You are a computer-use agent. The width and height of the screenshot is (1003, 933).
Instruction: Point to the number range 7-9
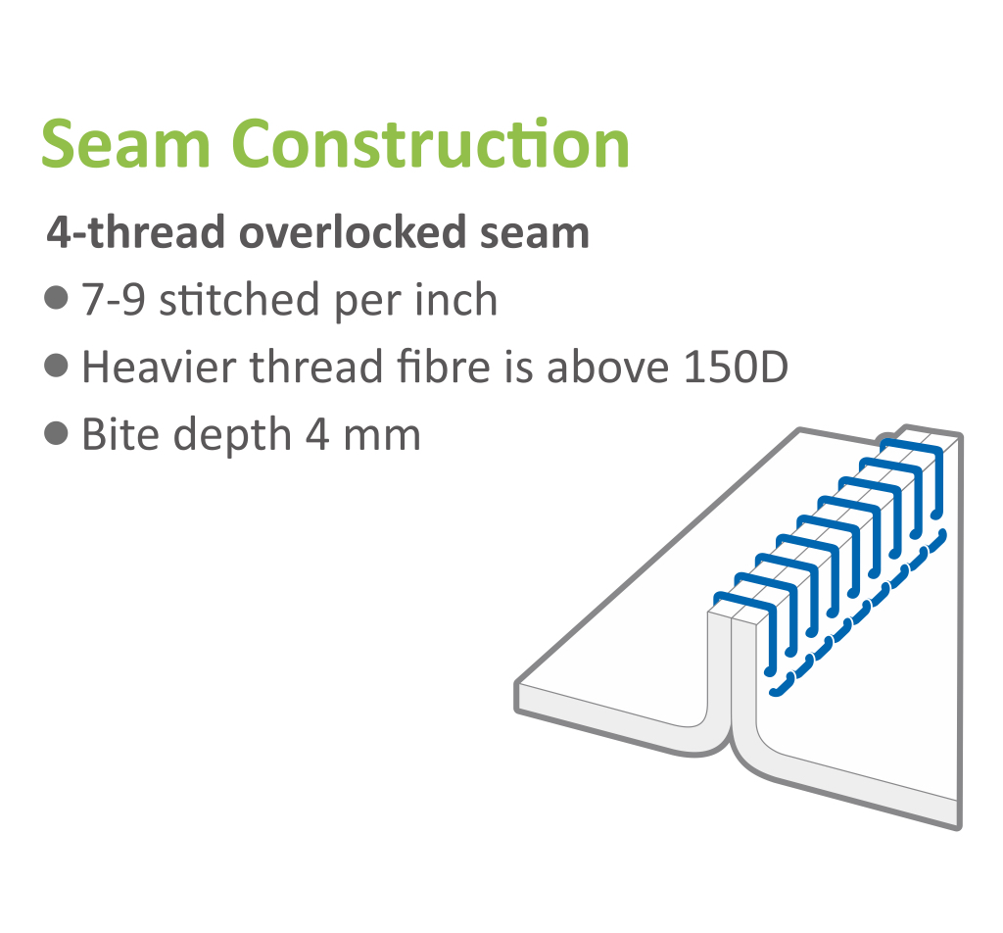(x=114, y=300)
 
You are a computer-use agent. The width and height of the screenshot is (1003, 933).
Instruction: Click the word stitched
(x=239, y=299)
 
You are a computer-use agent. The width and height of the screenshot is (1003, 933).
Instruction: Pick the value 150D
(x=735, y=367)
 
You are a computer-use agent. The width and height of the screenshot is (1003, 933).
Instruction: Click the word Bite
(x=120, y=434)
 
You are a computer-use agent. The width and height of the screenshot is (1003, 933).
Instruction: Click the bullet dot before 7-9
(x=56, y=298)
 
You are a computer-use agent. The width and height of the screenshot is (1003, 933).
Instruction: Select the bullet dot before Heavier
(x=56, y=366)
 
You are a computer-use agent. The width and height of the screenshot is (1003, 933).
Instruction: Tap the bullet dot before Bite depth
(x=56, y=433)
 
